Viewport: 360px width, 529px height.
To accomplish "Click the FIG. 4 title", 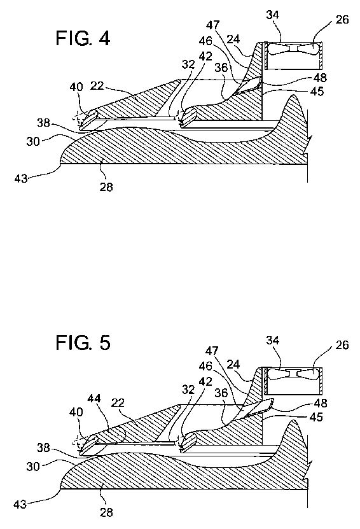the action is pos(83,38).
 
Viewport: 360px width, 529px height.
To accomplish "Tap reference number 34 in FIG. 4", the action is pos(273,15).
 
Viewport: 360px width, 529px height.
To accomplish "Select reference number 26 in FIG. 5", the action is pos(342,345).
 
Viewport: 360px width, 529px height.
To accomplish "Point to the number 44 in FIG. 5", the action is pos(94,399).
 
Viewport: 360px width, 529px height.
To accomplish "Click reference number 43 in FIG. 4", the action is pos(20,178).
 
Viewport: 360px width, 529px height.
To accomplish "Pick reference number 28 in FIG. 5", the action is pos(106,512).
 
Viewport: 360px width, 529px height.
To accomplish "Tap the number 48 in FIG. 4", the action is pos(319,78).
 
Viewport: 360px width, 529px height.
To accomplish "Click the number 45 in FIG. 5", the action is pos(316,417).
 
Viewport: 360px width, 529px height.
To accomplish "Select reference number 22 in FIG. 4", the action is pos(97,87).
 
